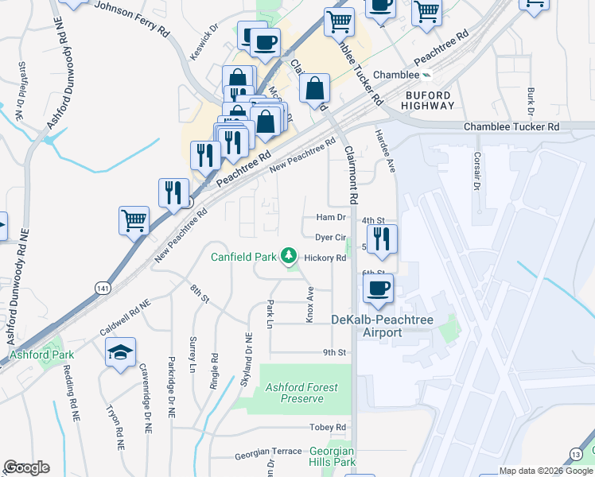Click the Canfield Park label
(243, 257)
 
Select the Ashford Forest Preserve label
(301, 393)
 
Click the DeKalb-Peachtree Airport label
(367, 325)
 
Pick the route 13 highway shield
(574, 454)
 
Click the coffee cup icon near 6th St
(378, 287)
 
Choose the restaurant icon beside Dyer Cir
(383, 239)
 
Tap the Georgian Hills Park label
(332, 456)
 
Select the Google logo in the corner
(26, 467)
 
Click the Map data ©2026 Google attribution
(545, 471)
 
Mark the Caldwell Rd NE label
(125, 316)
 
